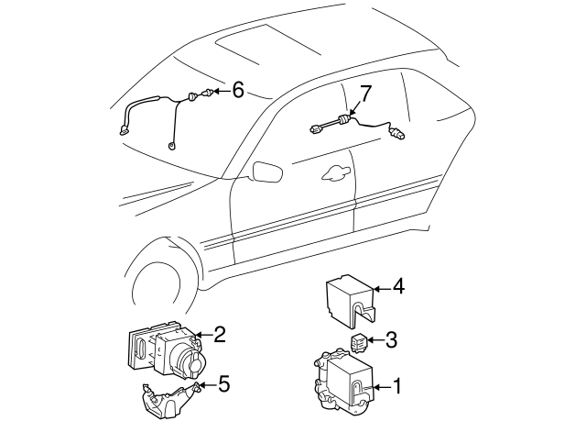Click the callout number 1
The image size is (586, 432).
(x=396, y=386)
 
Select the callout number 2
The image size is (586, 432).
(x=220, y=334)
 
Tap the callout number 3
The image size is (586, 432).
(x=391, y=340)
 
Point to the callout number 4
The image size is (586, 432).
(x=398, y=287)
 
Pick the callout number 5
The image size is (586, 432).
(x=223, y=384)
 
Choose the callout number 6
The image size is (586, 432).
(x=238, y=90)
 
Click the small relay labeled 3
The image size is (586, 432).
(x=359, y=343)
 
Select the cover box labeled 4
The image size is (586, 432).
(x=351, y=299)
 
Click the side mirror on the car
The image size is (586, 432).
(x=268, y=172)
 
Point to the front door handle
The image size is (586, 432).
(x=336, y=172)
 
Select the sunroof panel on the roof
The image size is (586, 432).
(x=267, y=43)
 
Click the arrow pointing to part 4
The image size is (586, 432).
(x=382, y=289)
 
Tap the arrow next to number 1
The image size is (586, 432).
(x=382, y=387)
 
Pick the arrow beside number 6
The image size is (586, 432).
(x=222, y=91)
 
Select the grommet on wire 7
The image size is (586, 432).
(x=343, y=119)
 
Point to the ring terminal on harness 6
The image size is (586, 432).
(x=171, y=146)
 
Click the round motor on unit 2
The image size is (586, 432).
(x=190, y=363)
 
